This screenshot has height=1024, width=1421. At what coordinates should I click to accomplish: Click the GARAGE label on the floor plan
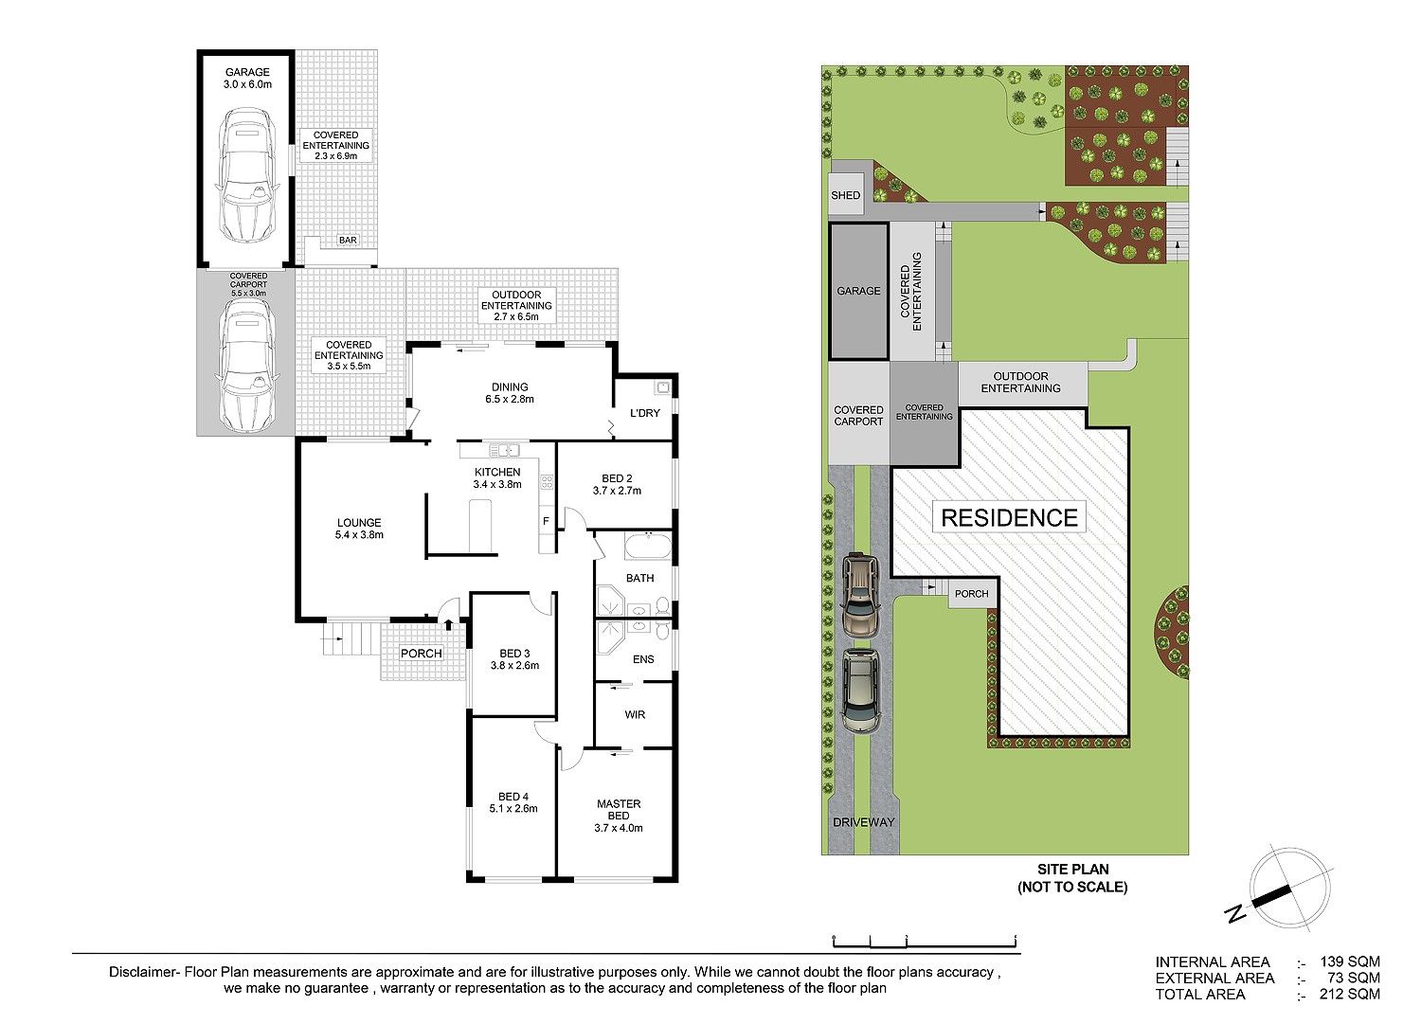[x=247, y=72]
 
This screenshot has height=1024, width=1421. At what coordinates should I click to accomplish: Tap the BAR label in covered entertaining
[x=348, y=241]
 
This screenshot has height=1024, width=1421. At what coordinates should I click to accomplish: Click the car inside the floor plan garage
[x=246, y=175]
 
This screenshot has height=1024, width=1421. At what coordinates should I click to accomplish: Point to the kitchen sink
[x=504, y=450]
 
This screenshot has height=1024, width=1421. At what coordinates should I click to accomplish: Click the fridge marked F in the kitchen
[x=546, y=521]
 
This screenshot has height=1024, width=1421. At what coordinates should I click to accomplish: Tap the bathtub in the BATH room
[x=648, y=547]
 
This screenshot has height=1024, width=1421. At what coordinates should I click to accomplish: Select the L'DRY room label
[x=644, y=413]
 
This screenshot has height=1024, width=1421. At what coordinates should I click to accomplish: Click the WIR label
[x=635, y=714]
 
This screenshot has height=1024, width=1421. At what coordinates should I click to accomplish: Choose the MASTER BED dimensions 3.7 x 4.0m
[x=619, y=828]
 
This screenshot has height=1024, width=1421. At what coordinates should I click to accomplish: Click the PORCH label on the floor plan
[x=421, y=654]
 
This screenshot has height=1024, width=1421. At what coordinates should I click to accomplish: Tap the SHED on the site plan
[x=845, y=195]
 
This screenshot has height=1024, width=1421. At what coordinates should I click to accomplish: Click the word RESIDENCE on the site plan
[x=1009, y=518]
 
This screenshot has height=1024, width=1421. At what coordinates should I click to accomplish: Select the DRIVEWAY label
[x=863, y=822]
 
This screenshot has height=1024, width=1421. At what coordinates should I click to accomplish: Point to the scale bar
[x=924, y=941]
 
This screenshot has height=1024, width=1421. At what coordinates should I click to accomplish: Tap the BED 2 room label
[x=617, y=478]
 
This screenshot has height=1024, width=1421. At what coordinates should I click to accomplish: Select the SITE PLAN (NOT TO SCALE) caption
[x=1072, y=878]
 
